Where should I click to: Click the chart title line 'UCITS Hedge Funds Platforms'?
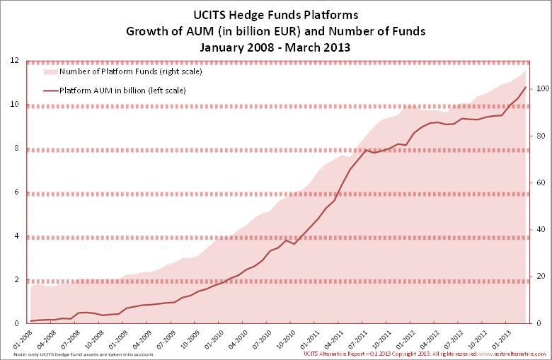(276, 14)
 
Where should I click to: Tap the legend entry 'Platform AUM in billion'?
(117, 91)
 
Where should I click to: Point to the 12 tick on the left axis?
(14, 61)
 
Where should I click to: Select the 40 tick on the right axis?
(539, 230)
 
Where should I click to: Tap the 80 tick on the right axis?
(539, 136)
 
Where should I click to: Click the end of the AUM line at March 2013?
(525, 87)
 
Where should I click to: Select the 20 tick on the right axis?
(539, 277)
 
